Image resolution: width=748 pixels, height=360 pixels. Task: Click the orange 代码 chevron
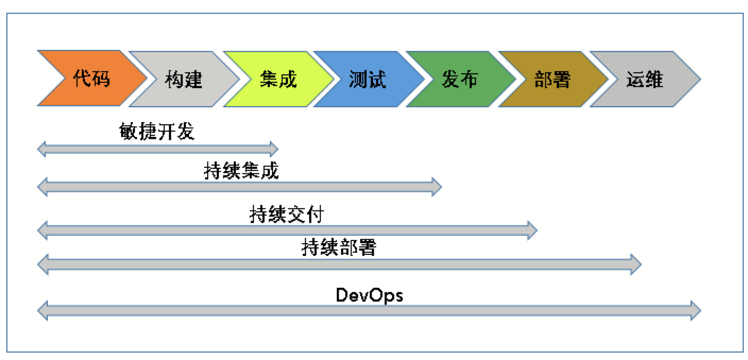[x=92, y=78]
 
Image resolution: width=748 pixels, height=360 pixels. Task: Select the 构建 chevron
[x=184, y=79]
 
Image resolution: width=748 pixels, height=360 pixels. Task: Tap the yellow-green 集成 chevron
[x=279, y=79]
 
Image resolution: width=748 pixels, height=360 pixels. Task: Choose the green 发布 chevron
[x=461, y=79]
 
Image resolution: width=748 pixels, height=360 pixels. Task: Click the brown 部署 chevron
[x=553, y=79]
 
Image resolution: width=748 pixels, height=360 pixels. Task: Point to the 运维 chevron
[x=645, y=79]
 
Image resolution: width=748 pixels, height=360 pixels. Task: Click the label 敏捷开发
[x=157, y=131]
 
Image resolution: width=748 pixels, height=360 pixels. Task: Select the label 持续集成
[x=241, y=170]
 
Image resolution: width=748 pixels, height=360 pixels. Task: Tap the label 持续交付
[x=287, y=214]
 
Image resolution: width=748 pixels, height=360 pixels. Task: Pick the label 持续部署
[x=339, y=247]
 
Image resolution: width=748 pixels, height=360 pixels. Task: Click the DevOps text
[x=369, y=295]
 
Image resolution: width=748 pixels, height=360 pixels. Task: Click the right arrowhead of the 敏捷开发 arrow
[x=274, y=149]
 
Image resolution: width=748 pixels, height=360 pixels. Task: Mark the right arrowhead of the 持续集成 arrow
[x=437, y=187]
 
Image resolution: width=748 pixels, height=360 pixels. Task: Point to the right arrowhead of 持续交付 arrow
[x=532, y=230]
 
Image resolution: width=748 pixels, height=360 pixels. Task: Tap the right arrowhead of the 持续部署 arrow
[x=636, y=264]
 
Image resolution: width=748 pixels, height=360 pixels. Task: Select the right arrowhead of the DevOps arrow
[x=696, y=311]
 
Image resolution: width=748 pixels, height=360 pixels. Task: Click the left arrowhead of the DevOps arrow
[x=42, y=311]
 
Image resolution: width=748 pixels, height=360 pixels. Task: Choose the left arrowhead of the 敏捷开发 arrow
[x=41, y=149]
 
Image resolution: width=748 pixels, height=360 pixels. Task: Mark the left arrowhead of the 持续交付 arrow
[x=42, y=230]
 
